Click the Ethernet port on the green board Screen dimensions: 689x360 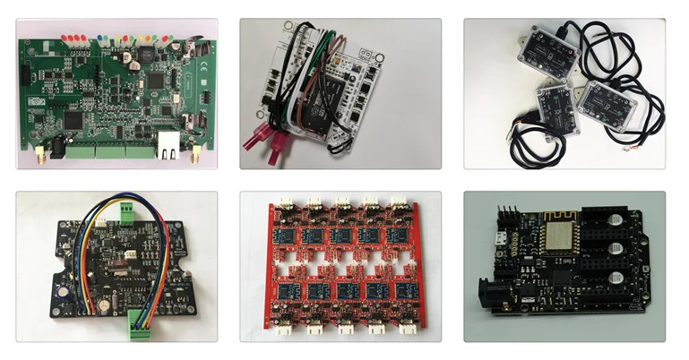pos(168,144)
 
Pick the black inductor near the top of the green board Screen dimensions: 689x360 pos(133,56)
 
